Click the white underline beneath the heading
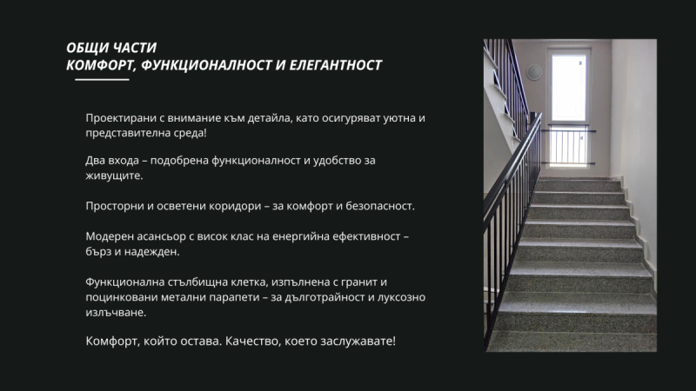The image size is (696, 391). coord(102,80)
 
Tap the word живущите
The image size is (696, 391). coord(113,177)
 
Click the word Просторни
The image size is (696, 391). coord(114,207)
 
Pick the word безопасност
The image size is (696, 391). coord(379,207)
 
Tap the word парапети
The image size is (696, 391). coord(225,298)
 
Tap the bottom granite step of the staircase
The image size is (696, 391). coord(574,341)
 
